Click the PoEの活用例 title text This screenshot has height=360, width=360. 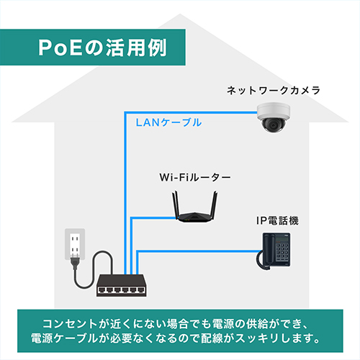[x=102, y=48]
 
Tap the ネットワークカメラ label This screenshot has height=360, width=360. [x=274, y=91]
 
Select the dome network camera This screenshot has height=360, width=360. [x=274, y=117]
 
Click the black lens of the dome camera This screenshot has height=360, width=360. [x=273, y=125]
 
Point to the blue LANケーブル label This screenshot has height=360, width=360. [x=168, y=122]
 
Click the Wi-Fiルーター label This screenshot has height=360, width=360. [x=195, y=178]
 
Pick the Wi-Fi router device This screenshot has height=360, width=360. [x=194, y=207]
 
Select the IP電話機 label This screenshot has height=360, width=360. [x=277, y=221]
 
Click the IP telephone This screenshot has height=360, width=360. [x=274, y=251]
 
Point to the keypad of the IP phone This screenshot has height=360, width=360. [x=282, y=252]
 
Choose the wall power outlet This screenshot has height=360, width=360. [x=75, y=244]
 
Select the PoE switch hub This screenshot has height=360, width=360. [x=121, y=285]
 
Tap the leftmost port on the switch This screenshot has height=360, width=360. [x=102, y=290]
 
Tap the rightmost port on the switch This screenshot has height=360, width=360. [x=140, y=290]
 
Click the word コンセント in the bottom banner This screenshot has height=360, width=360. [x=70, y=323]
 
